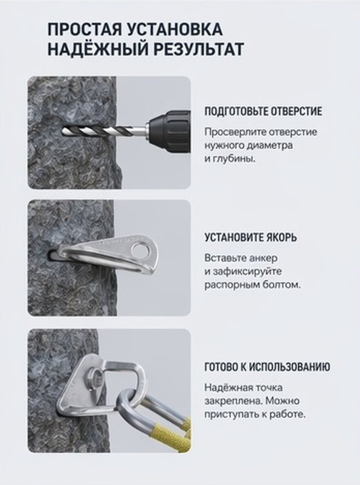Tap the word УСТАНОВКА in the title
coord(175,29)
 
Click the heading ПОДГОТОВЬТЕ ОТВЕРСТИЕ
coord(263,111)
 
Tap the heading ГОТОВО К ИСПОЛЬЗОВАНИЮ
coord(267,367)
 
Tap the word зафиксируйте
coord(247,272)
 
